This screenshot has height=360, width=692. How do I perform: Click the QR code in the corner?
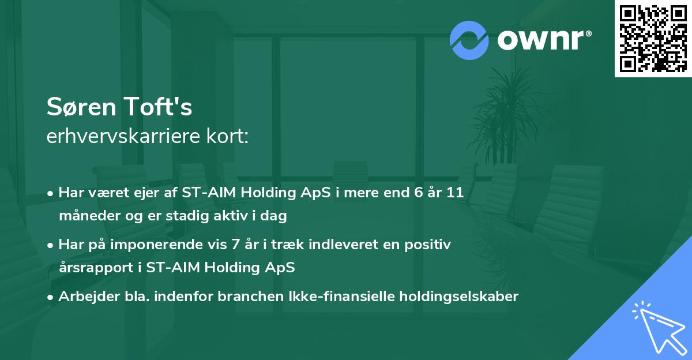[653, 39]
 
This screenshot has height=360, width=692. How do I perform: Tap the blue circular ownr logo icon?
[469, 40]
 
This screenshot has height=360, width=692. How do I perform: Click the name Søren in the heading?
[81, 107]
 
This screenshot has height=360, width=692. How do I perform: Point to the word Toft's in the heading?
[159, 106]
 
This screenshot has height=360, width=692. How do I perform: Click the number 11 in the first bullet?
[455, 192]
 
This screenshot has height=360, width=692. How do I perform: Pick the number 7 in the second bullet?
[235, 244]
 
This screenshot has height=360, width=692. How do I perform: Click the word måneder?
[89, 215]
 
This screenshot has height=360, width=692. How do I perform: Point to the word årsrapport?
[96, 268]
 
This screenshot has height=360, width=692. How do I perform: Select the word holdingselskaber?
[459, 297]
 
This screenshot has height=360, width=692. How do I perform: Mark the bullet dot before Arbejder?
[50, 298]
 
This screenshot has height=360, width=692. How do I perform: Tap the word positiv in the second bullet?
[427, 245]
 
